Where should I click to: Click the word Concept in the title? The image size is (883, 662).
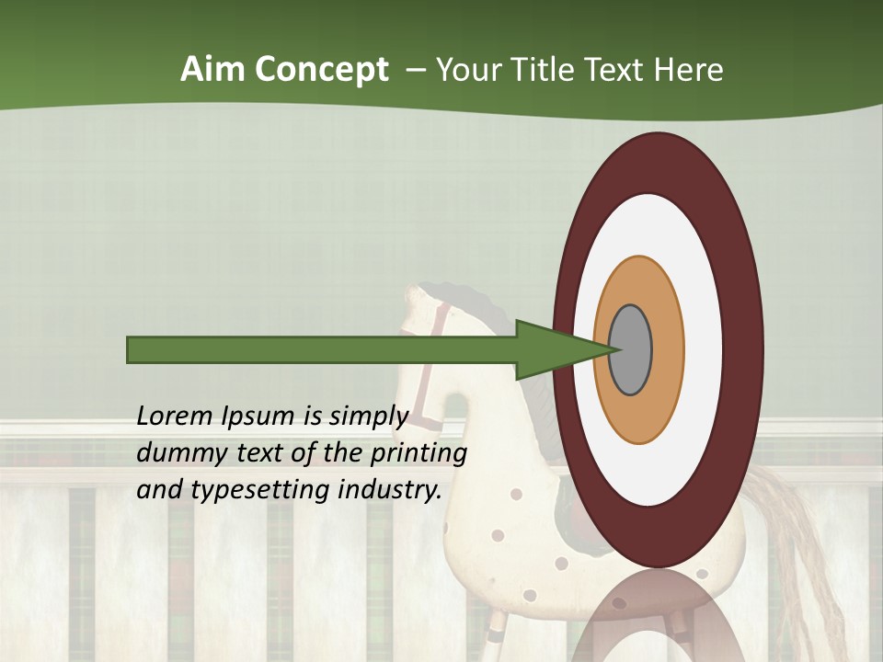(319, 71)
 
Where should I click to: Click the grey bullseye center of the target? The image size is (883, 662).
(631, 349)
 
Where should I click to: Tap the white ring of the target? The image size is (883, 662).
(703, 349)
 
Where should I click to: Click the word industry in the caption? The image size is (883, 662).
(390, 490)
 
